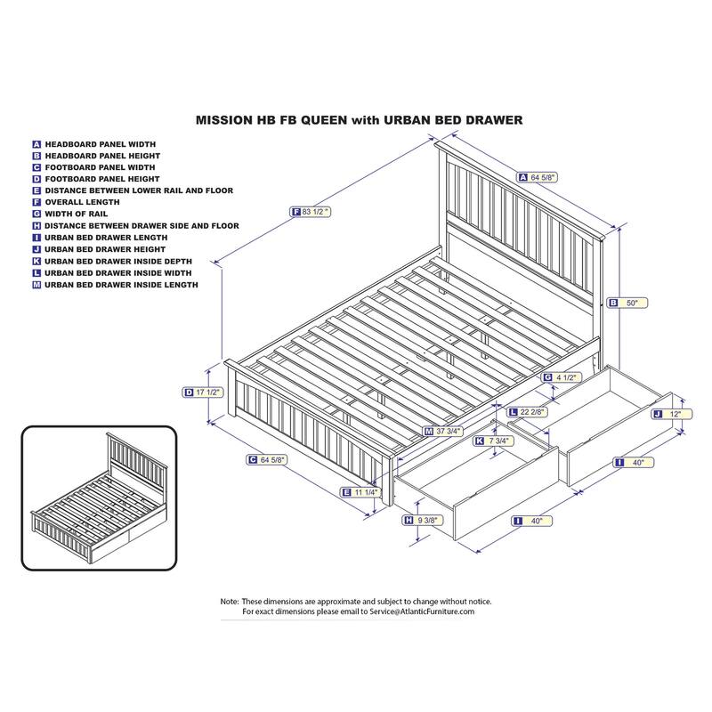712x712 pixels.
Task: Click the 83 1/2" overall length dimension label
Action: [311, 212]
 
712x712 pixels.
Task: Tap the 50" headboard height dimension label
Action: [627, 303]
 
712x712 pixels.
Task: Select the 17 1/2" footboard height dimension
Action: [203, 392]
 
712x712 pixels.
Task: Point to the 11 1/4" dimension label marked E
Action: [360, 492]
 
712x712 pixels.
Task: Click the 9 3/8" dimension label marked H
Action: [424, 521]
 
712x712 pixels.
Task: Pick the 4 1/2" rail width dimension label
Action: [562, 377]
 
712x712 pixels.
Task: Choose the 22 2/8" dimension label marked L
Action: [528, 412]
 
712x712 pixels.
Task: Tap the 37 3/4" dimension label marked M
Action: [443, 431]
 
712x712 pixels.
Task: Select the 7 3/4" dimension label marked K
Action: [494, 441]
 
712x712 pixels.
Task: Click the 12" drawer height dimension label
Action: [672, 414]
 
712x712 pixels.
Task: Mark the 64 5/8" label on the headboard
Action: [538, 177]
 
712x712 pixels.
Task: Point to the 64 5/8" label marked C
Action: [267, 460]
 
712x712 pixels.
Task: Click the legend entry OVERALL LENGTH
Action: [77, 202]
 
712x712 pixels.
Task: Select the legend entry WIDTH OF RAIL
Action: [70, 214]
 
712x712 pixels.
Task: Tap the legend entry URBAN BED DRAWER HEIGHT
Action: [99, 249]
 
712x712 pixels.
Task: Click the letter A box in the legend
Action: [36, 144]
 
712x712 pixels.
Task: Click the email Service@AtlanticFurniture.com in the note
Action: [422, 611]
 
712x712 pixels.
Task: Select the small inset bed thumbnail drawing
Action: [99, 498]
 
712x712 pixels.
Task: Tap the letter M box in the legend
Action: [36, 285]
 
